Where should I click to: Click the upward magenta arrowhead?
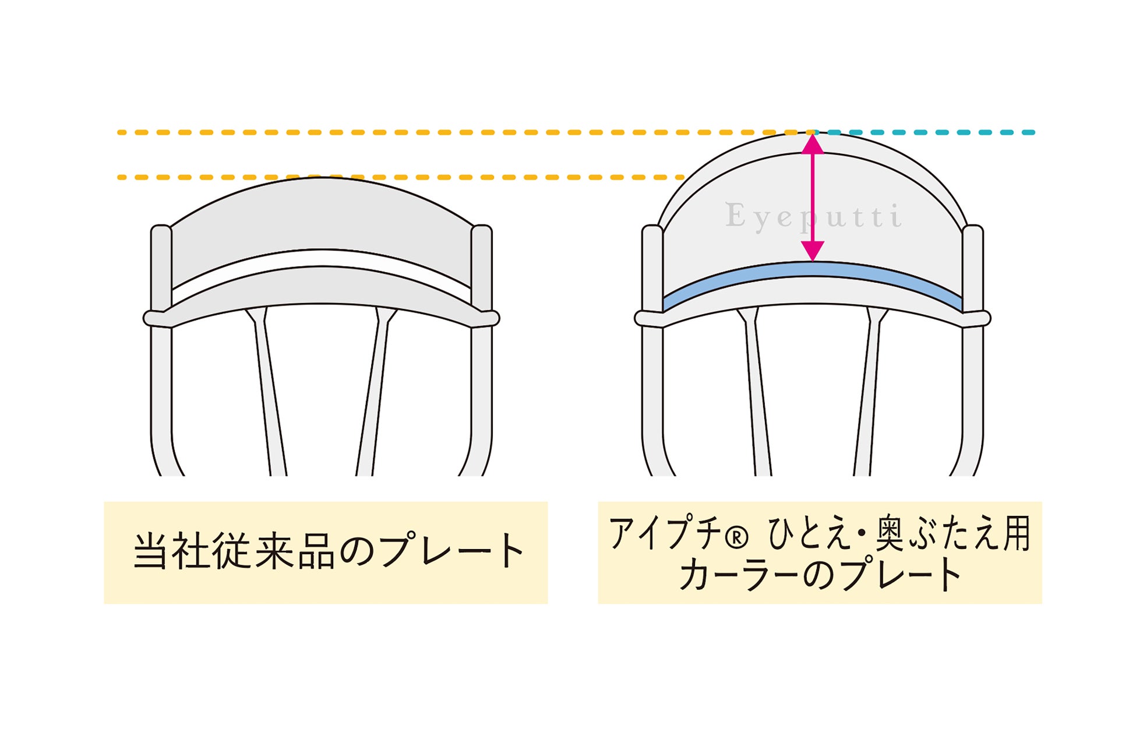point(812,144)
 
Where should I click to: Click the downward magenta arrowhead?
point(812,251)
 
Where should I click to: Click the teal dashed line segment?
point(932,132)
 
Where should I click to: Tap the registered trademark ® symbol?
point(736,537)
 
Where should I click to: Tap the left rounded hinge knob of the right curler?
point(643,319)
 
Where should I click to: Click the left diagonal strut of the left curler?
point(269,396)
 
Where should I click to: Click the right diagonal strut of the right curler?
point(868,396)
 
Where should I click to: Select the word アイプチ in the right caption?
point(665,533)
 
